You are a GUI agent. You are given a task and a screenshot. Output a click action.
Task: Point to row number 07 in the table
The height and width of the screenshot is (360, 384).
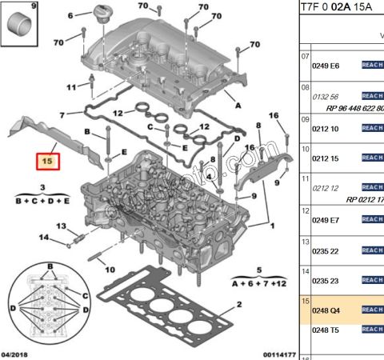coord(305,57)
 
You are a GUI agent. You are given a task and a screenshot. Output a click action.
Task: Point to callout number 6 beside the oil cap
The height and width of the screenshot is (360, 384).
coord(70,15)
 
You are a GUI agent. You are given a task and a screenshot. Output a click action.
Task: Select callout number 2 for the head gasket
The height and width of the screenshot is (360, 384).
coord(238,305)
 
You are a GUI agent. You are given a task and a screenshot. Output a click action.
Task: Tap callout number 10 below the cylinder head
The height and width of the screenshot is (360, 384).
coord(110,270)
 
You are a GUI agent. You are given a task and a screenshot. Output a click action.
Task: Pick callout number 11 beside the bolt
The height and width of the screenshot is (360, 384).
coord(71,86)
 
